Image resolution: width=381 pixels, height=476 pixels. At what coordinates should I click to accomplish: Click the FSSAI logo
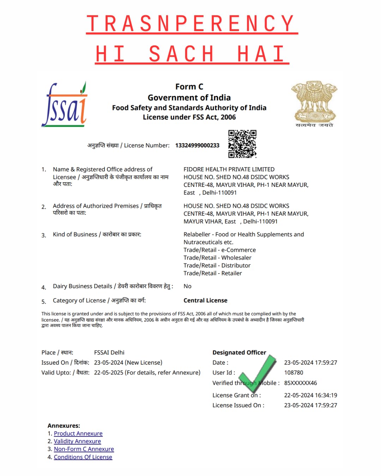tap(65, 105)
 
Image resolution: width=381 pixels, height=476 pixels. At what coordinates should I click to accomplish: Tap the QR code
tap(242, 144)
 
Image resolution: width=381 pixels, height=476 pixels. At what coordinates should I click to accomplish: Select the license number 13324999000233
tap(197, 145)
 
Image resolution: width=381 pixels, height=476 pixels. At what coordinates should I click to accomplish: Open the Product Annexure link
tap(78, 433)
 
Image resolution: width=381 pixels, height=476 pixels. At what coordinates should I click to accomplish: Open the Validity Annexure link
tap(77, 441)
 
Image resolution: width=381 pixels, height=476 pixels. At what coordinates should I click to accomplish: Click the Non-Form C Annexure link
tap(84, 449)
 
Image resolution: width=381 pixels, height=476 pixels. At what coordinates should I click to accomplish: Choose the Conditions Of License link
tap(83, 457)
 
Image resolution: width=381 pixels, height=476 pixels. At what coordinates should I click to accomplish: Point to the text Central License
tap(205, 300)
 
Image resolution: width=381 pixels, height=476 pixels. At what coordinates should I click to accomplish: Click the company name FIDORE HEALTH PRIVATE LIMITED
tap(229, 169)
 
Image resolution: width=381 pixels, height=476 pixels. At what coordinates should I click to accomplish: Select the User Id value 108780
tap(294, 372)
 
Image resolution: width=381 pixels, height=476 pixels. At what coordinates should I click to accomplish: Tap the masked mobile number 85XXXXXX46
tap(301, 383)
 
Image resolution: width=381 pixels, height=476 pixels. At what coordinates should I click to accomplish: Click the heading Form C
tap(189, 87)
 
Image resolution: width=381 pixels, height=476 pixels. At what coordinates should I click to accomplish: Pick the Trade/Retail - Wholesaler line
tap(217, 258)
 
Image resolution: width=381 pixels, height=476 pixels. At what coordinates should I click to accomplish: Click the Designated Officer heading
tap(239, 352)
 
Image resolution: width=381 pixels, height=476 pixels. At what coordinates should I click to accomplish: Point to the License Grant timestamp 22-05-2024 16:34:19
tap(310, 395)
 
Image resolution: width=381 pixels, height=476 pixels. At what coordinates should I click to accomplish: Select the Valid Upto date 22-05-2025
tap(109, 372)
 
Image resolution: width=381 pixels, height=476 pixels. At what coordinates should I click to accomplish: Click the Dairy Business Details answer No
tap(187, 286)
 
